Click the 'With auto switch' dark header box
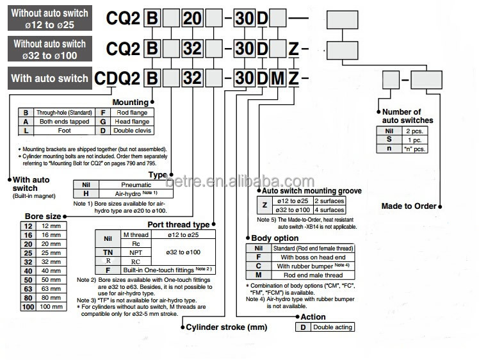coord(49,78)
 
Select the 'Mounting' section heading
coord(130,102)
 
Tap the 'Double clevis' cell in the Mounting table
coord(132,130)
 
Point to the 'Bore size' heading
coord(43,217)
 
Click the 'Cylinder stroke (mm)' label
coord(225,327)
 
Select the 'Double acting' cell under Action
coord(332,327)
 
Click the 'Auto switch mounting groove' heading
coord(312,190)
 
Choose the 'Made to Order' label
coord(409,206)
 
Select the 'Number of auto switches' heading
coord(407,116)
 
